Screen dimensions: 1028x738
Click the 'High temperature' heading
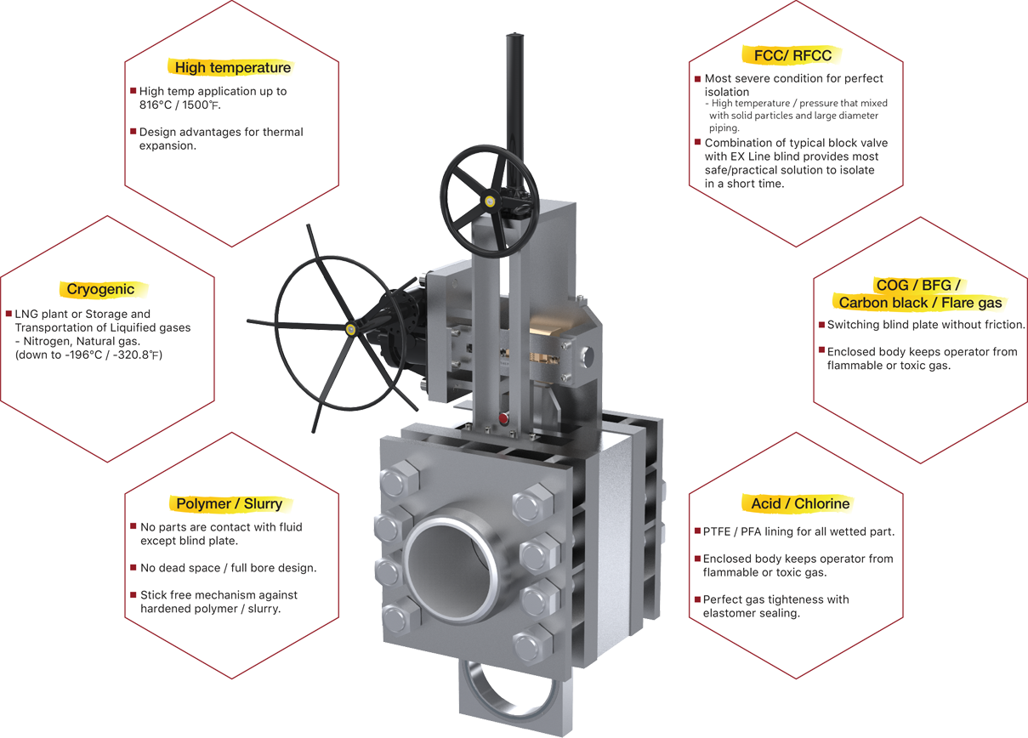(x=233, y=67)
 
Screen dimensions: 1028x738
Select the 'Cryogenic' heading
(x=100, y=289)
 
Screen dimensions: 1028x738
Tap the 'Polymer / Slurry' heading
(x=230, y=503)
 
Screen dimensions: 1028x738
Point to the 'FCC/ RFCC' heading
(x=792, y=55)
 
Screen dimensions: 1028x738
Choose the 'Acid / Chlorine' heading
(x=800, y=503)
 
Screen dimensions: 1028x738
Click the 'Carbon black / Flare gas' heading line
(x=921, y=303)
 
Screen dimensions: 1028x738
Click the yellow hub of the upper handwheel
(x=490, y=201)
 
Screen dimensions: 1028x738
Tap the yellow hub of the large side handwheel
(x=350, y=328)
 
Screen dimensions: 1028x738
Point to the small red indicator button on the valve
(x=503, y=418)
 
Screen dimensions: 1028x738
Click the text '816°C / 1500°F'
(x=179, y=105)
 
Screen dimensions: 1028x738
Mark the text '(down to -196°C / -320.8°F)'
(x=88, y=355)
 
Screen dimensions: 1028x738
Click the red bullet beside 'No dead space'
(x=133, y=567)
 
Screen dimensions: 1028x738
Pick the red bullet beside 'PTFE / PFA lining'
(x=697, y=531)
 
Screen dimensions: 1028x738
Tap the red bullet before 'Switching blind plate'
(x=822, y=325)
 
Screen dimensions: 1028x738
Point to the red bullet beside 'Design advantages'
(x=133, y=131)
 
